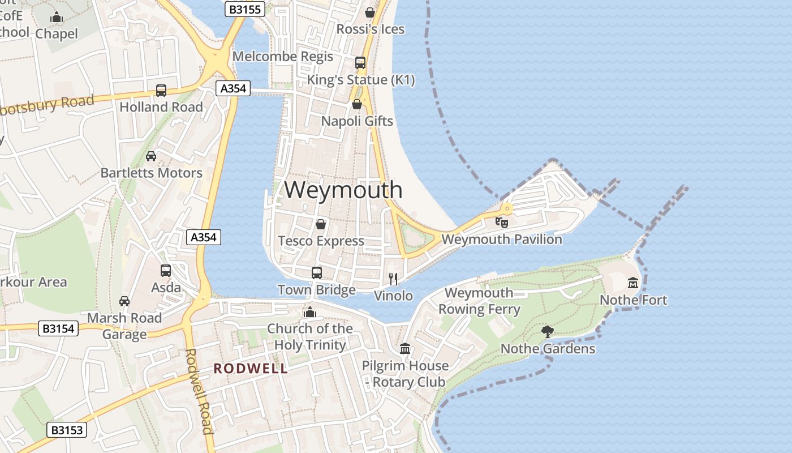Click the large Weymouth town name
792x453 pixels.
343,190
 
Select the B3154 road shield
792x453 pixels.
58,328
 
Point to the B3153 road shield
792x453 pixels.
67,430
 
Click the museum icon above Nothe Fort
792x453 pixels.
633,283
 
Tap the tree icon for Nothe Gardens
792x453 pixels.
547,331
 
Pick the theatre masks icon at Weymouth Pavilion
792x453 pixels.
502,222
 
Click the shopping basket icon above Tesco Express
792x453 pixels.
321,224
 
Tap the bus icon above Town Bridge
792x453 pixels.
317,273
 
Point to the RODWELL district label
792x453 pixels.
251,369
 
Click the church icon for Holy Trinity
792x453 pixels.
309,312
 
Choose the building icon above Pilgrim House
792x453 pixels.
405,348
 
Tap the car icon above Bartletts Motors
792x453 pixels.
151,156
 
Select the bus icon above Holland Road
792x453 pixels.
161,91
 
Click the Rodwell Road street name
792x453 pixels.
199,391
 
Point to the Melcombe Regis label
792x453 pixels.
283,57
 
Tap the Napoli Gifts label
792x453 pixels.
357,121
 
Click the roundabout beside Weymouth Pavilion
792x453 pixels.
507,208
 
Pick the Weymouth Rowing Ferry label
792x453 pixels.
479,301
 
